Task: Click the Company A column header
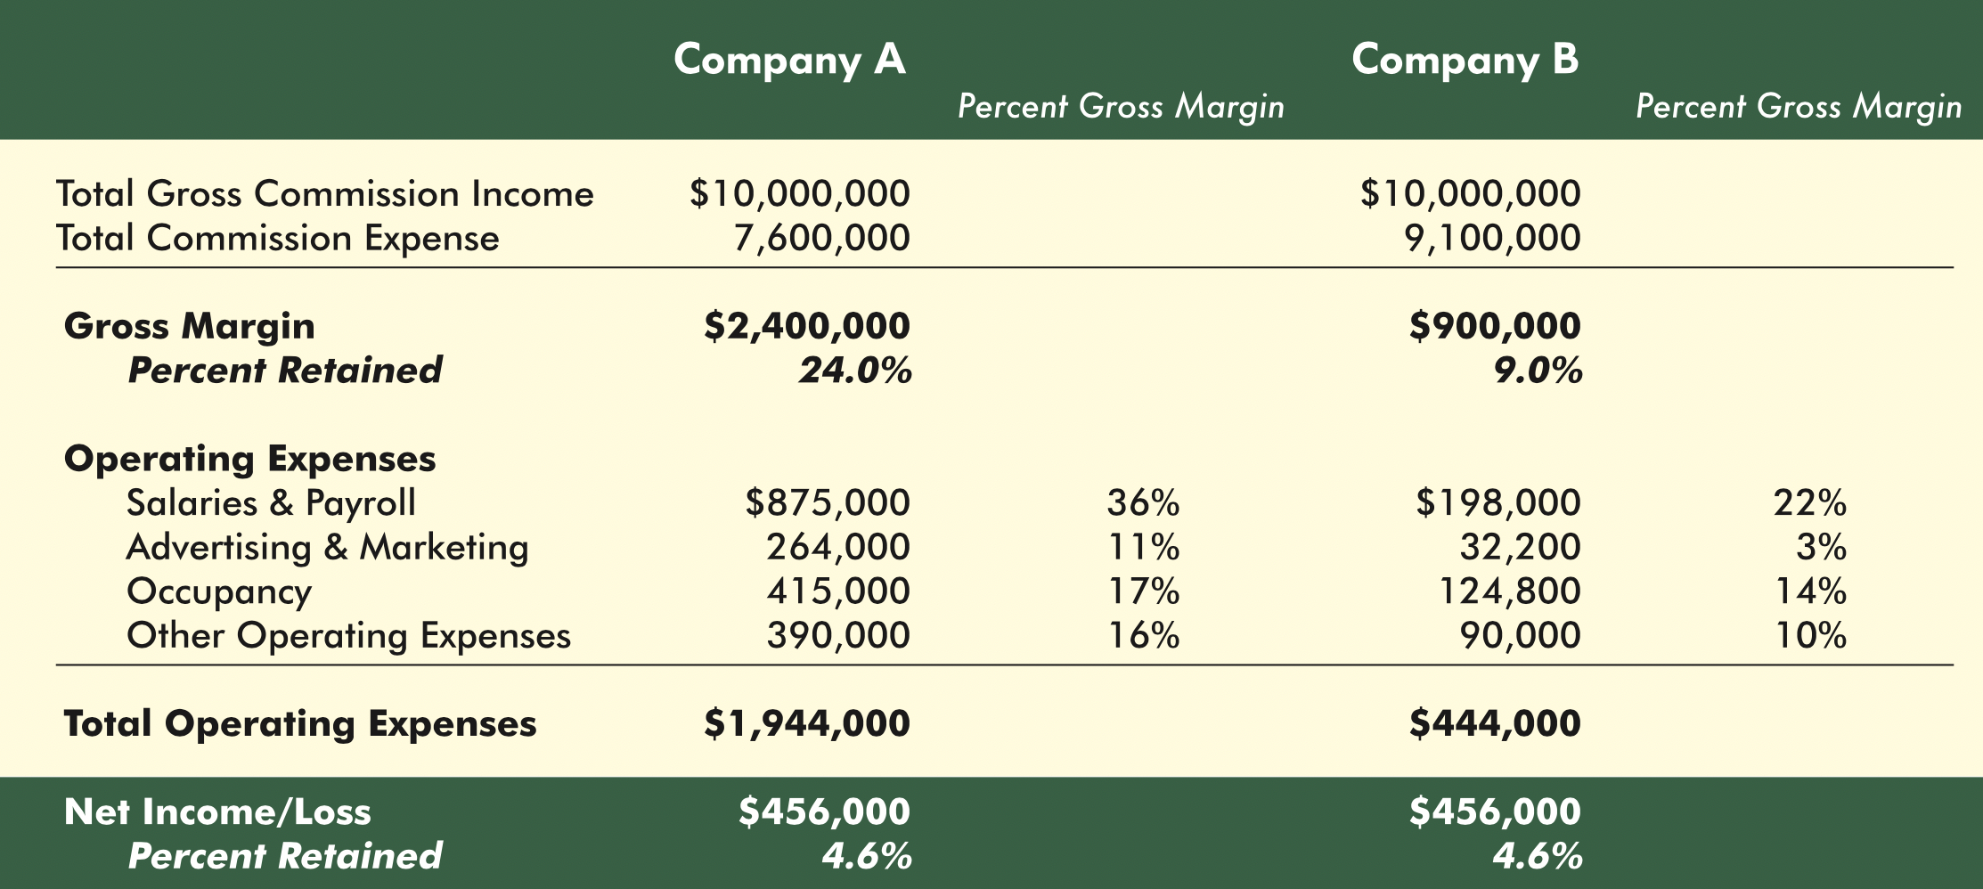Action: coord(789,60)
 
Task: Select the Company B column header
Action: coord(1465,60)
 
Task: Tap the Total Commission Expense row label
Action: coord(277,239)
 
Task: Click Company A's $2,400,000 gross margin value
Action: coord(807,326)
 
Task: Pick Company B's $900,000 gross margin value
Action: coord(1495,326)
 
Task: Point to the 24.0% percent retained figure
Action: coord(855,371)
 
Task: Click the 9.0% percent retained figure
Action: coord(1538,371)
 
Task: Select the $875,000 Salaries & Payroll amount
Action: coord(828,503)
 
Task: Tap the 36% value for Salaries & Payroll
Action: coord(1143,503)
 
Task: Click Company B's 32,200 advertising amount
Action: coord(1520,547)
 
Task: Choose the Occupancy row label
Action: coord(219,591)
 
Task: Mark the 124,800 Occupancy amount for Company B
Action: coord(1510,591)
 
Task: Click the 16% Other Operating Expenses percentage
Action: coord(1143,636)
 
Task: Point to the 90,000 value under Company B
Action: coord(1520,636)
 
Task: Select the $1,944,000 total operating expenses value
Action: coord(807,723)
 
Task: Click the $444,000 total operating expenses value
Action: coord(1495,723)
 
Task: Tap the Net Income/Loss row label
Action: coord(217,812)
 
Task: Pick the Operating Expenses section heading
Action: coord(249,459)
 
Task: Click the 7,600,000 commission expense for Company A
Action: coord(821,239)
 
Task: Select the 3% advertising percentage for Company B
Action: coord(1821,547)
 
